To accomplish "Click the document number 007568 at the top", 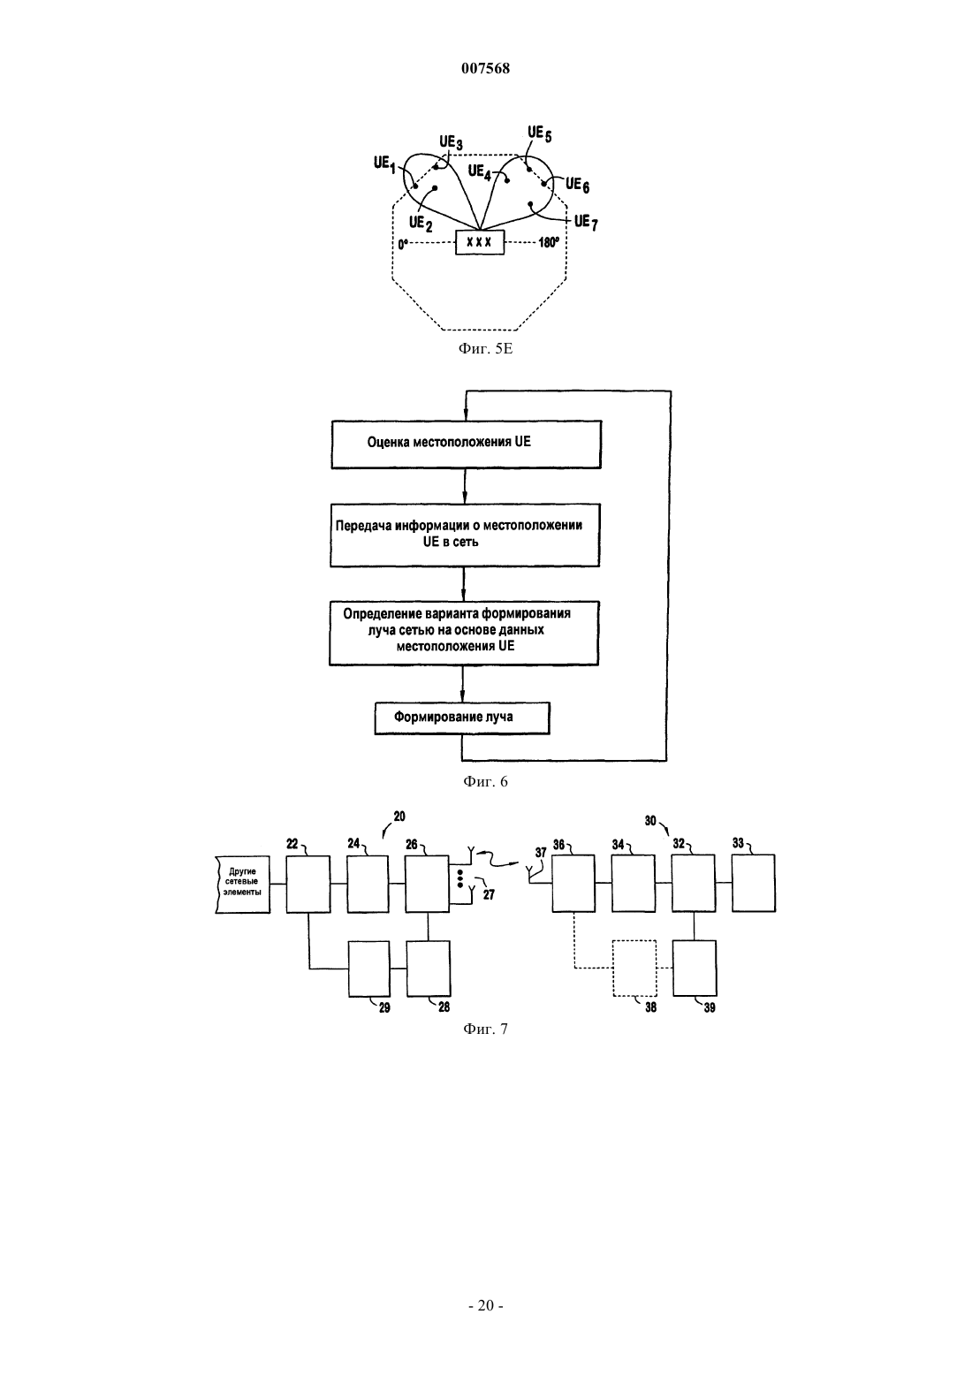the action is (485, 68).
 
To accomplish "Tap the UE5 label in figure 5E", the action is (539, 133).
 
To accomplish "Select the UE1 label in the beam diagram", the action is (384, 163).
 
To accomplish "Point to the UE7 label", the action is (586, 222).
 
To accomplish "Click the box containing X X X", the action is (479, 242).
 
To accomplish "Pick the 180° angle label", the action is (549, 243).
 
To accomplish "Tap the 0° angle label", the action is (403, 244).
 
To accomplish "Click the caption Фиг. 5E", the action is (485, 349).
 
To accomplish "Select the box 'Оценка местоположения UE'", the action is (466, 444).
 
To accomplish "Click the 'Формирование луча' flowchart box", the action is (462, 718).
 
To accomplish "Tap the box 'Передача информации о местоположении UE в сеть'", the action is (465, 536).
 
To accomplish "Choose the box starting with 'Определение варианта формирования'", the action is (463, 633).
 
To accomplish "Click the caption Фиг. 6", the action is (485, 781).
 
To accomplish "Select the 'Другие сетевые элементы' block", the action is (242, 884).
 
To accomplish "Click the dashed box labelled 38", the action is (634, 968).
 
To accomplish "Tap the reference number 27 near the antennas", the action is (489, 895).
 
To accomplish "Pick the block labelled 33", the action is (754, 884).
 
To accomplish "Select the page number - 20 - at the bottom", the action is (485, 1306).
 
